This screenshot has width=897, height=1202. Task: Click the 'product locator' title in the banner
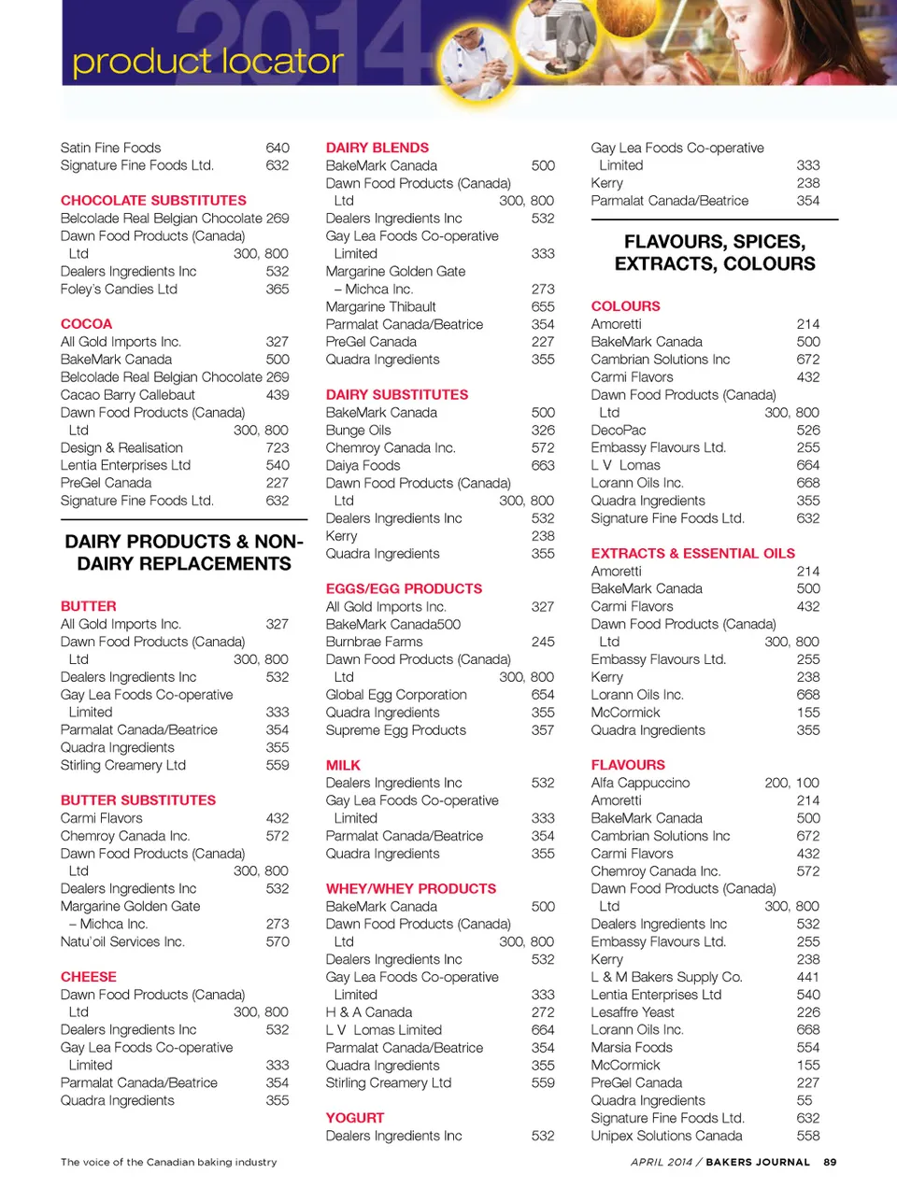pyautogui.click(x=207, y=62)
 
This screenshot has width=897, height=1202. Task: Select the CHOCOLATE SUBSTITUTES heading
pyautogui.click(x=153, y=200)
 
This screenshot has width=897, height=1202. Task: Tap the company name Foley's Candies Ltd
pyautogui.click(x=119, y=289)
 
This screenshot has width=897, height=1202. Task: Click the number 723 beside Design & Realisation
pyautogui.click(x=277, y=447)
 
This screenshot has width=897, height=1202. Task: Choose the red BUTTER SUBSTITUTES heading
pyautogui.click(x=138, y=799)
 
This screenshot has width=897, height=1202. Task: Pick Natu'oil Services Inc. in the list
pyautogui.click(x=122, y=941)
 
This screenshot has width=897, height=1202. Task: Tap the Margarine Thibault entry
pyautogui.click(x=380, y=306)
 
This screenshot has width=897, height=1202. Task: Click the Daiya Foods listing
pyautogui.click(x=363, y=465)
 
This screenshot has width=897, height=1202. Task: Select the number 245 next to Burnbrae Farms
pyautogui.click(x=542, y=642)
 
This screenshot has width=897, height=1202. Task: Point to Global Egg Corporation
pyautogui.click(x=396, y=694)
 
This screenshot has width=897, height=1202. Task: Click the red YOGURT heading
pyautogui.click(x=355, y=1117)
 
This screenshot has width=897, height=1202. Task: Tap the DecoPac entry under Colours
pyautogui.click(x=618, y=430)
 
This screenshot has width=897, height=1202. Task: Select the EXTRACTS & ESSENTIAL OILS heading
pyautogui.click(x=692, y=553)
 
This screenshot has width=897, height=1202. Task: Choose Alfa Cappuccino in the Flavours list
pyautogui.click(x=640, y=783)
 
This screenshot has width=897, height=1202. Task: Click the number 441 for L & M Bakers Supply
pyautogui.click(x=807, y=976)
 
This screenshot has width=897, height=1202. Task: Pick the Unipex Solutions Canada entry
pyautogui.click(x=666, y=1135)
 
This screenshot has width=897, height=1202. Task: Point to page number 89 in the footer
pyautogui.click(x=830, y=1162)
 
